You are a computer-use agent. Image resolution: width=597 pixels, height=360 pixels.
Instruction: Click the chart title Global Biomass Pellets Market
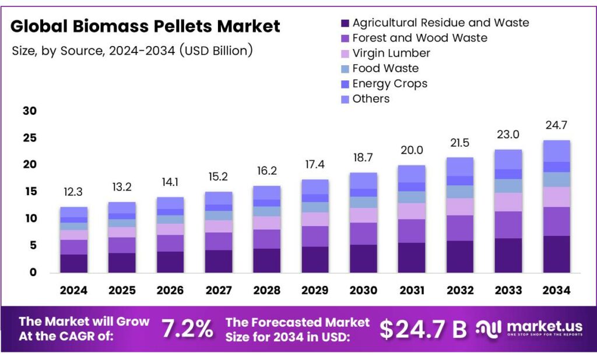[145, 26]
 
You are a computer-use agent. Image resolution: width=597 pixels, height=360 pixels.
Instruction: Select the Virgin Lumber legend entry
[391, 53]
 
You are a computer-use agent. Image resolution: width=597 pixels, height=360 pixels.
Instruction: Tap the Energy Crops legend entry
[389, 83]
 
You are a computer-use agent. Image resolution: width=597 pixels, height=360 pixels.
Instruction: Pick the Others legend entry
[371, 98]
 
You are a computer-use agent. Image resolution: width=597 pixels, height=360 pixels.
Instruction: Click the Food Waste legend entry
[385, 68]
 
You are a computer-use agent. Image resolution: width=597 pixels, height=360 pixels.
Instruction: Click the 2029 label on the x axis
[315, 290]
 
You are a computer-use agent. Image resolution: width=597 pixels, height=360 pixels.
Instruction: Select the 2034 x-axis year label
[556, 290]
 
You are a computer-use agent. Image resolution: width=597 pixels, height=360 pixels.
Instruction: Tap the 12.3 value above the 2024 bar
[74, 192]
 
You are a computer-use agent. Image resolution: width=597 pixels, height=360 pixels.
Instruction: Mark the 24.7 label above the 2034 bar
[556, 125]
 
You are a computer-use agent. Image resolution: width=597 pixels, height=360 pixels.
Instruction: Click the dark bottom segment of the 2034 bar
[556, 254]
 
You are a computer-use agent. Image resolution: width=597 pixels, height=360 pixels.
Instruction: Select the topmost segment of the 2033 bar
[508, 159]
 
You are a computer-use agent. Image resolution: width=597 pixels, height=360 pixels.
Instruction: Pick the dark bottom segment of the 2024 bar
[74, 263]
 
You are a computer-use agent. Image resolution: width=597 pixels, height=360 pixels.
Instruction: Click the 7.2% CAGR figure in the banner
[187, 329]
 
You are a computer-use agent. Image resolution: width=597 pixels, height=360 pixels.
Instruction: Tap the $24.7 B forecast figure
[423, 329]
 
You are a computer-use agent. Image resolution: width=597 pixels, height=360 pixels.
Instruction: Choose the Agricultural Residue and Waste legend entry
[441, 23]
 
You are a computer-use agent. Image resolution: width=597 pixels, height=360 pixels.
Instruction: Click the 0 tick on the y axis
[33, 272]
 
